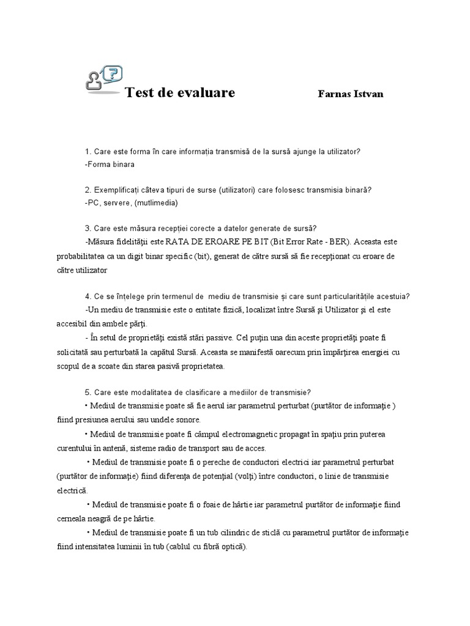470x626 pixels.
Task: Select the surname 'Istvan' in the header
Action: click(367, 94)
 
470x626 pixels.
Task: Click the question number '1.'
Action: click(88, 152)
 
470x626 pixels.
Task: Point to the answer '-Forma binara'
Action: click(110, 164)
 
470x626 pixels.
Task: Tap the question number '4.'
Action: click(88, 296)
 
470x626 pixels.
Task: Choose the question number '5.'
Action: click(88, 392)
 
